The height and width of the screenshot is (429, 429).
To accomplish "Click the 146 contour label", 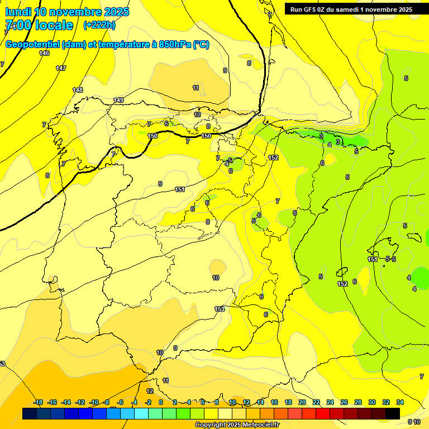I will (x=45, y=53).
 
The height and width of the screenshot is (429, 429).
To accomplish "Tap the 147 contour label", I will (x=61, y=68).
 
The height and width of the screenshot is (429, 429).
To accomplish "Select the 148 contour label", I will (x=78, y=90).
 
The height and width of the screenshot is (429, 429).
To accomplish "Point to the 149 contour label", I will (x=118, y=100).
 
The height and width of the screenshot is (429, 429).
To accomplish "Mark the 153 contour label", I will (x=220, y=309).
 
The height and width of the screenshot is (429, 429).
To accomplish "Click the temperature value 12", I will (x=150, y=391).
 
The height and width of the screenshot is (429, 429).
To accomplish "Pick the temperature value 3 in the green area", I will (x=337, y=142).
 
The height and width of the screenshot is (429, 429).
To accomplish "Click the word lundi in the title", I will (x=18, y=12).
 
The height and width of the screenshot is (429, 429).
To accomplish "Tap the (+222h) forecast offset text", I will (x=99, y=25).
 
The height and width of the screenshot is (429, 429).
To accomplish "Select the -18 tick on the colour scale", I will (x=38, y=402).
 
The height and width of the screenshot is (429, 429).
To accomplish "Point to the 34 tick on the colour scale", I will (x=399, y=402).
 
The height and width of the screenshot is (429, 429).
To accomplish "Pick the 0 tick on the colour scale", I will (x=161, y=402).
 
